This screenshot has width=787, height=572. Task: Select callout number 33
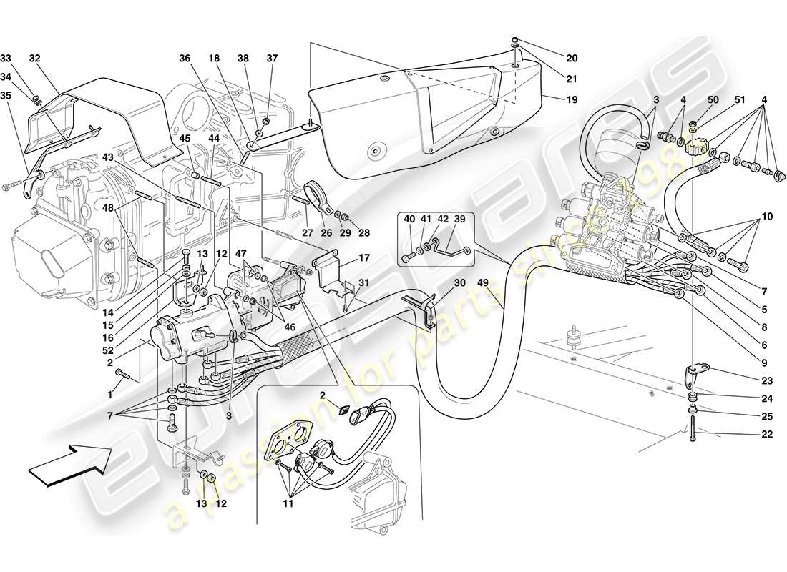point(6,58)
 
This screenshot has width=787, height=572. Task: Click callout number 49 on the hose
point(483,282)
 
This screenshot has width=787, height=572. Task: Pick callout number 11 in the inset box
point(288,503)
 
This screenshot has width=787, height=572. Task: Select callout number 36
point(185,59)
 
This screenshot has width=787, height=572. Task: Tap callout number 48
point(108,209)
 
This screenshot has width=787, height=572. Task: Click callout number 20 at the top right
point(571,58)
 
